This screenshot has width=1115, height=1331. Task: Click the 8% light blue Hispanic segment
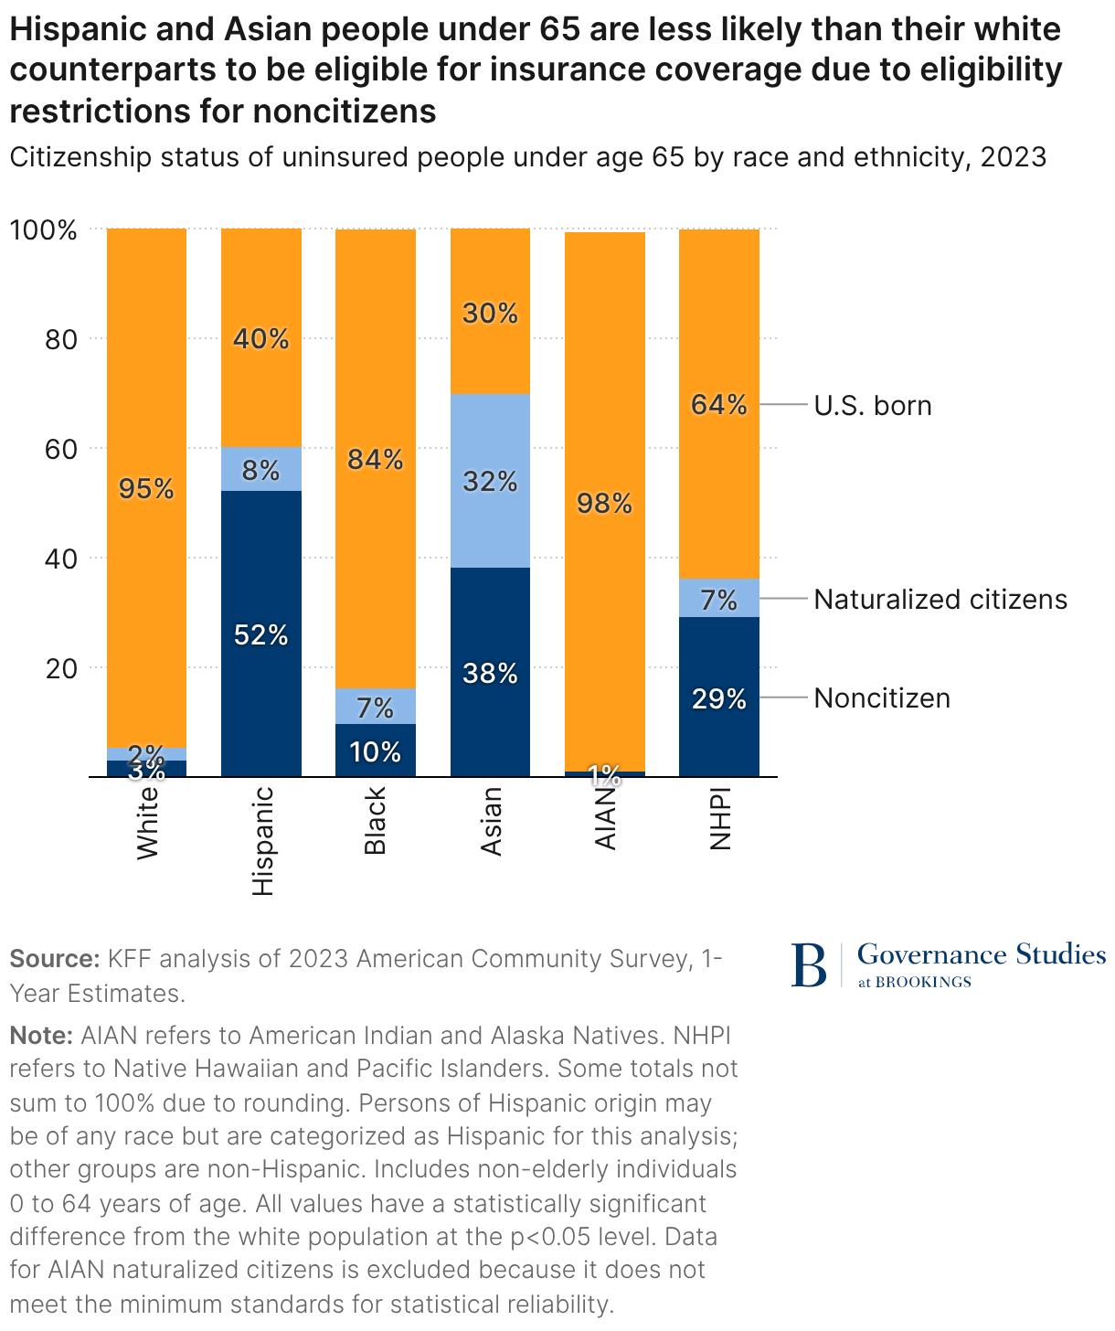coord(261,470)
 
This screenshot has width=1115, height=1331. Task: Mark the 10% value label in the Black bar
coord(376,752)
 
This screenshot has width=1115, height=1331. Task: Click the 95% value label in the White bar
coord(146,489)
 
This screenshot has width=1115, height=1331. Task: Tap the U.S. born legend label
coord(873,405)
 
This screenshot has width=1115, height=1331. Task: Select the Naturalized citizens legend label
coord(940,600)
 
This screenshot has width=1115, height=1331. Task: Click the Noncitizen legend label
coord(882,698)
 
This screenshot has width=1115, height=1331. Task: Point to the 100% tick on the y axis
coord(44,229)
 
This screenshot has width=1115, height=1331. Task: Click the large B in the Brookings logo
coord(809,965)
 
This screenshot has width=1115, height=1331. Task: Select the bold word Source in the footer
coord(54,959)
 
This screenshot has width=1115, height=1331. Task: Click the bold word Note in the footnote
coord(41,1036)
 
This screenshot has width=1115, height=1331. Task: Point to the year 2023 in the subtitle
coord(1013,157)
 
